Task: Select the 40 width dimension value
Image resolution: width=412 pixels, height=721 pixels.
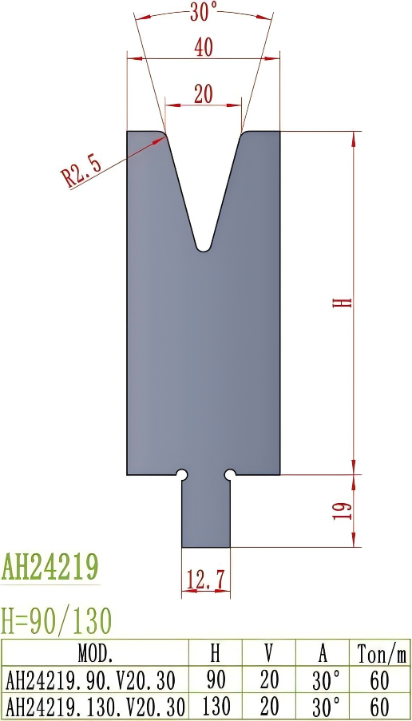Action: tap(203, 47)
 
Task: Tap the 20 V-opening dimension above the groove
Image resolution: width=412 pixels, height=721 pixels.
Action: tap(203, 93)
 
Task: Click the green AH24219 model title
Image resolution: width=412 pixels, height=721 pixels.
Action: tap(50, 567)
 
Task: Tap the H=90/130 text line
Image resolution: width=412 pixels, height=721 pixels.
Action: tap(57, 620)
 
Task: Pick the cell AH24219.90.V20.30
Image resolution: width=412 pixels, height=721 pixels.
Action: tap(90, 679)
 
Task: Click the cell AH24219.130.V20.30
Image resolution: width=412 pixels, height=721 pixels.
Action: tap(95, 706)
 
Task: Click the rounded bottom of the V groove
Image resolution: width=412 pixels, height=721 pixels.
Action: tap(204, 248)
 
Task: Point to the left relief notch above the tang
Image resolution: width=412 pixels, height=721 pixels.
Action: tap(182, 475)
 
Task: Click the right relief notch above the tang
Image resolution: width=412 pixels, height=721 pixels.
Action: tap(230, 475)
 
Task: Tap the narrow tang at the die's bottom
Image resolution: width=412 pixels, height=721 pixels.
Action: tap(206, 515)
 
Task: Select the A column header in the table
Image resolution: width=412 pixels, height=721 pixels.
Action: tap(323, 654)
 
